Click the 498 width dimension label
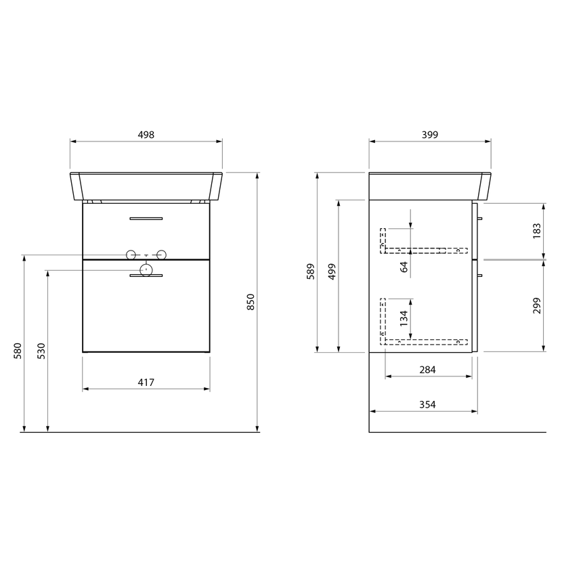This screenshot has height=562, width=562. click(146, 135)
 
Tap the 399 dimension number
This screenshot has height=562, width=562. click(430, 135)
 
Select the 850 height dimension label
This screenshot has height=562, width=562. click(251, 302)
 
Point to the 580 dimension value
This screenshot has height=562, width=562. click(18, 351)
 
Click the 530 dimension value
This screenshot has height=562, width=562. click(41, 351)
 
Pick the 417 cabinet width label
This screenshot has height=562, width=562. click(146, 383)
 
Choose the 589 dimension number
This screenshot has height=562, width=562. click(310, 272)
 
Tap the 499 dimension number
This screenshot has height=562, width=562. click(332, 272)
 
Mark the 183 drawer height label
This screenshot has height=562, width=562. click(536, 231)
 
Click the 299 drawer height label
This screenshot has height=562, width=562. click(536, 305)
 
